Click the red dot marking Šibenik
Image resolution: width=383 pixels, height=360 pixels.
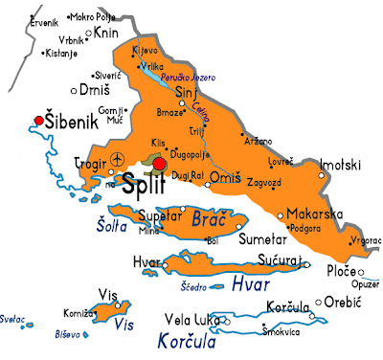pos(38,121)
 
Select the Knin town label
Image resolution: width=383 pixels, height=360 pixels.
pos(107,33)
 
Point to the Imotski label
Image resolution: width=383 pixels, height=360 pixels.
pos(341,164)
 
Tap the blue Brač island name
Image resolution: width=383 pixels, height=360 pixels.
pos(209,219)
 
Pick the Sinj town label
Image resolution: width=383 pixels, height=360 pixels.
pos(191,93)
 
